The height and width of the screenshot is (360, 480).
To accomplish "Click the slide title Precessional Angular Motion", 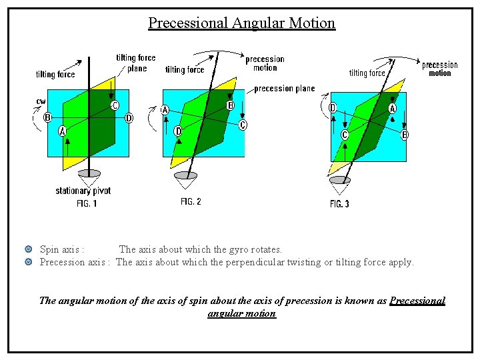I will tap(241, 23).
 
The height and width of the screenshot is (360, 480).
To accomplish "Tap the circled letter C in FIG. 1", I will tap(115, 105).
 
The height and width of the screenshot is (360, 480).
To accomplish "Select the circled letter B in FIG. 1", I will tap(47, 117).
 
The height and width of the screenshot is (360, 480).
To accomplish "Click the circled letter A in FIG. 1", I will tap(62, 131).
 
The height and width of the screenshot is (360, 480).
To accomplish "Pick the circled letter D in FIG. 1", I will tap(129, 118).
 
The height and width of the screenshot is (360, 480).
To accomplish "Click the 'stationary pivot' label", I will tap(83, 191).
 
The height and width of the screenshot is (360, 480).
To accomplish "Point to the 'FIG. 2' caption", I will tap(191, 201).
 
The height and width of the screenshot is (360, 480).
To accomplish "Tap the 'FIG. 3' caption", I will tap(339, 204).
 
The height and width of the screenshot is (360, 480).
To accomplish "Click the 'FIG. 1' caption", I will tap(86, 203).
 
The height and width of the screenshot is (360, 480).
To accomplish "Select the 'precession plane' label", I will tap(285, 89).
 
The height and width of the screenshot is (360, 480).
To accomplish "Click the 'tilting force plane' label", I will tap(135, 63).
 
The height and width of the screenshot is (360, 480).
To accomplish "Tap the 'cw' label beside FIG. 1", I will tap(41, 101).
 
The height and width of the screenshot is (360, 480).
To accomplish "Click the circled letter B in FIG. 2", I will tap(231, 105).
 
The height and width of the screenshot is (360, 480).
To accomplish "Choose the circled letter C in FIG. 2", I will tap(243, 125).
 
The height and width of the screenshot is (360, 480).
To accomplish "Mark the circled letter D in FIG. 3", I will tap(332, 107).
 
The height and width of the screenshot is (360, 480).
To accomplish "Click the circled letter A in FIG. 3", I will tap(393, 108).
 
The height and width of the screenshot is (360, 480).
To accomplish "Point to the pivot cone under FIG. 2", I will tap(185, 178).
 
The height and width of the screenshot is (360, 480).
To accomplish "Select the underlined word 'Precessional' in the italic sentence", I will tap(417, 301).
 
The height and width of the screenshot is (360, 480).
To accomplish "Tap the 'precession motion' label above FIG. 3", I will tap(440, 69).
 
